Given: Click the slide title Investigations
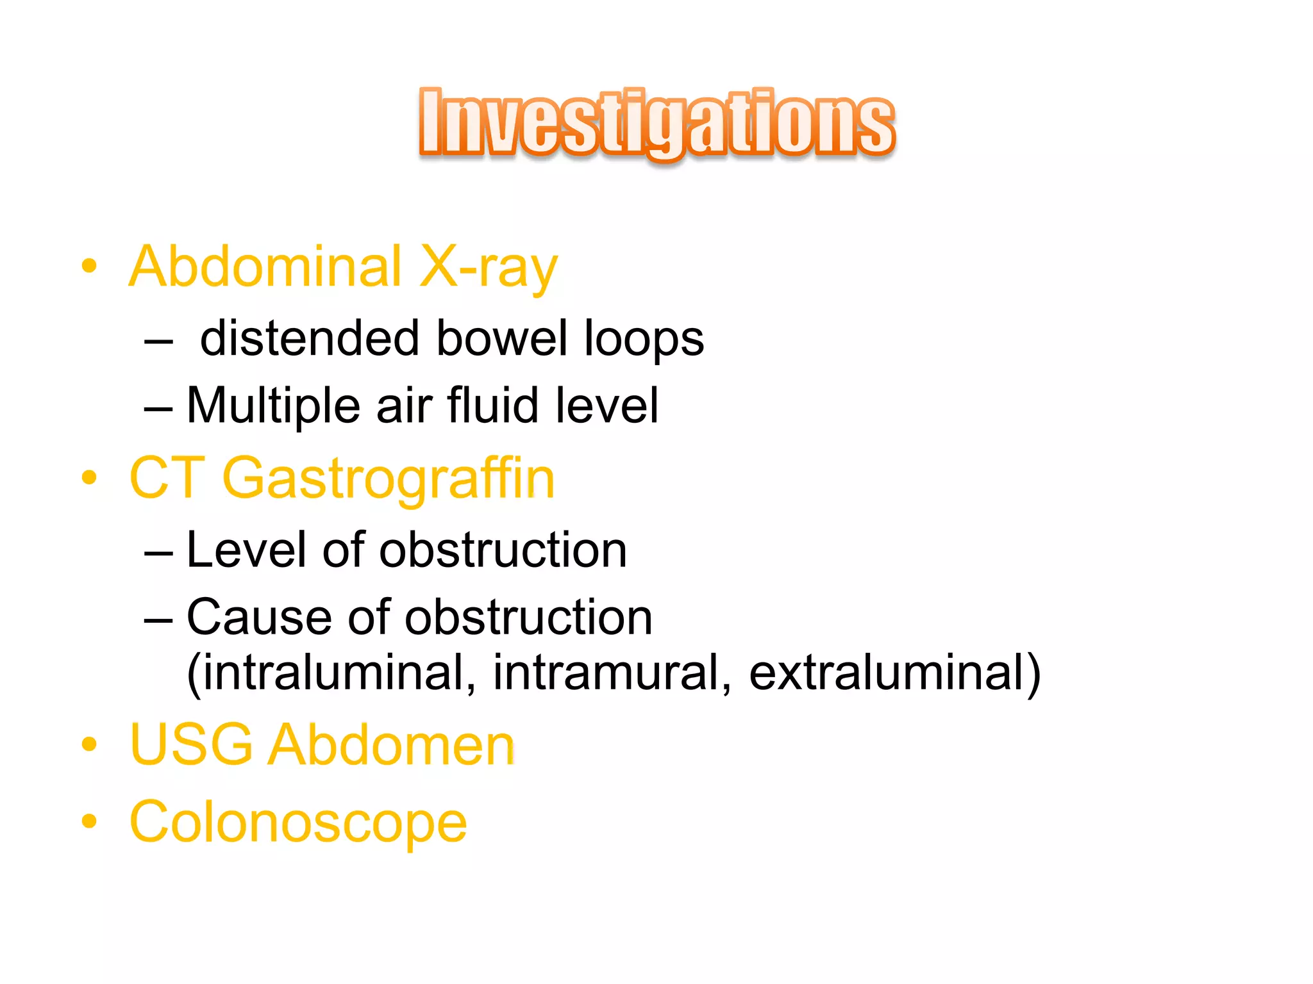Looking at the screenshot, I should pos(656,123).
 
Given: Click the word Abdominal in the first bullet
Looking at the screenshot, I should pos(265,266).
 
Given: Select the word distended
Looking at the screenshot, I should pos(310,338).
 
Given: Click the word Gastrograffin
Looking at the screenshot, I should pos(388,478).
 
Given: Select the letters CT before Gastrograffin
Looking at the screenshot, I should pos(167,478).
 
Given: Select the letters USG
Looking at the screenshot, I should pos(192,744).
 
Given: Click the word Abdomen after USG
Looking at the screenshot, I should pos(391,744).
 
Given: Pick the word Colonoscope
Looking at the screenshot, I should pos(298,823).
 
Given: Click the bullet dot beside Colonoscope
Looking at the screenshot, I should pos(90,821).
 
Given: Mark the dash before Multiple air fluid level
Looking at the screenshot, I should pos(158,408).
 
